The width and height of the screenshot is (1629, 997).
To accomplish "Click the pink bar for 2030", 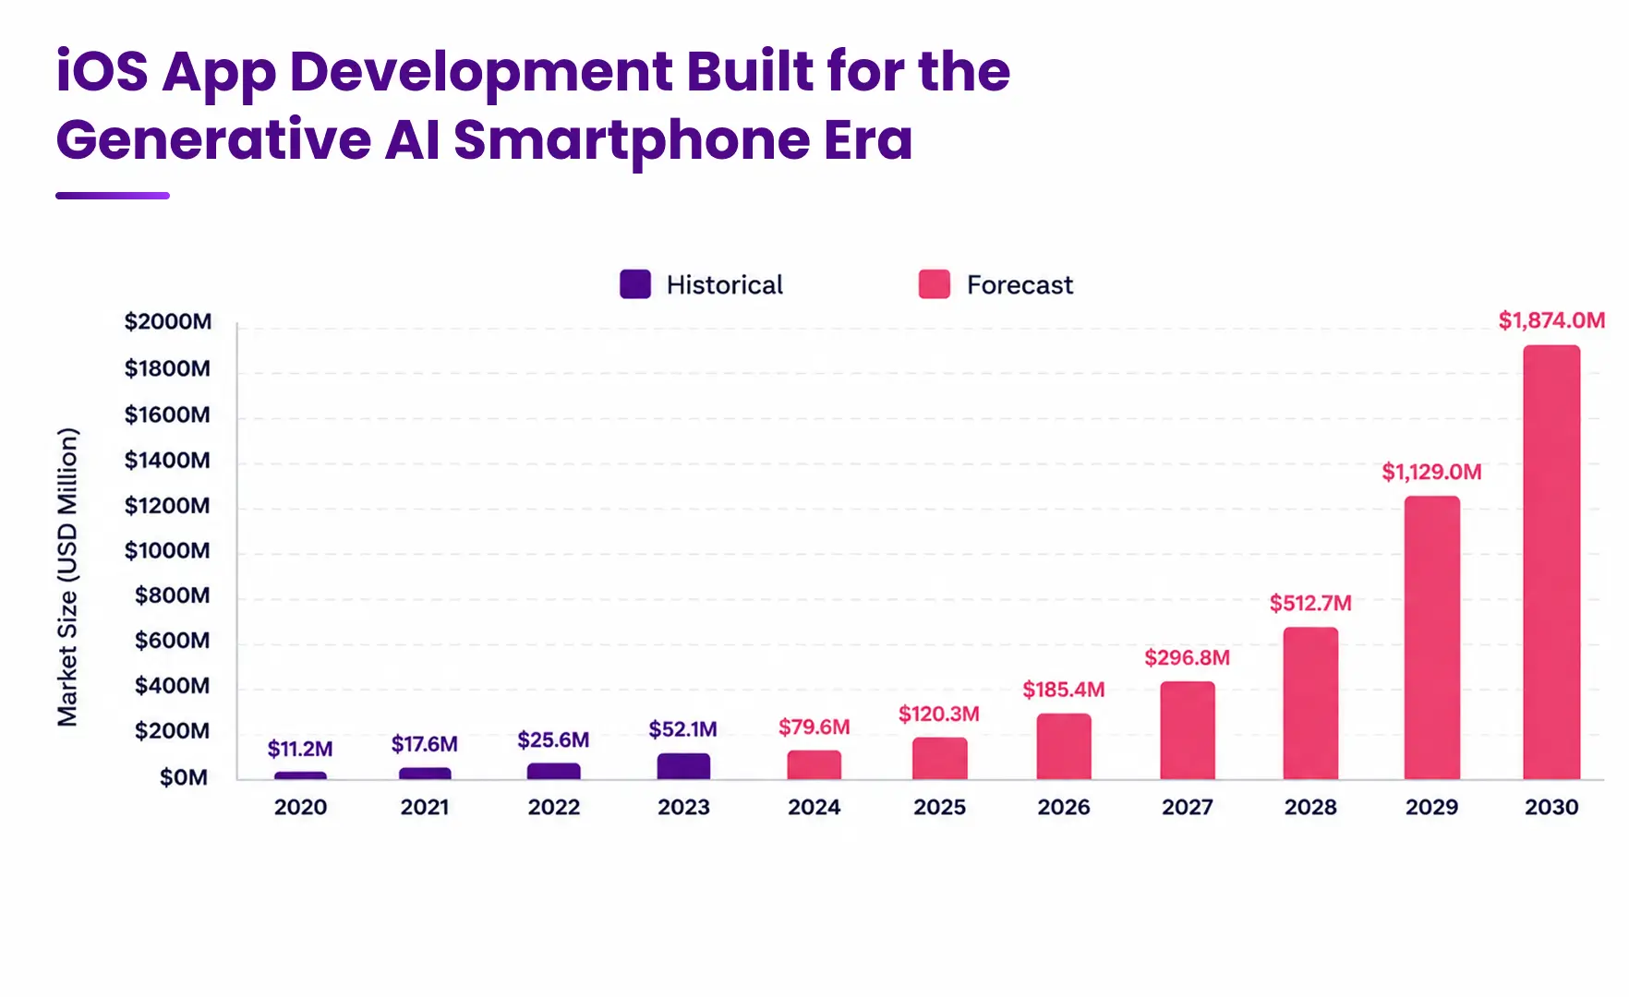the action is (x=1551, y=562).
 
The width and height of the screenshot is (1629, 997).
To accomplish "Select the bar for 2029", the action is (x=1432, y=638).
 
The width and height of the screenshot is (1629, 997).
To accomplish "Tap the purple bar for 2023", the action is (x=683, y=766).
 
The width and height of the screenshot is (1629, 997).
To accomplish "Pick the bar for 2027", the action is (x=1188, y=730).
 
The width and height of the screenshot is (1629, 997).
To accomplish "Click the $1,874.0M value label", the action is (x=1551, y=320).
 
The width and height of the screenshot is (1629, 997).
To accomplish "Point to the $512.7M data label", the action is (x=1310, y=604).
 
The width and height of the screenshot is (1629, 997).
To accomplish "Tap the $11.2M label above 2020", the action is (x=300, y=749).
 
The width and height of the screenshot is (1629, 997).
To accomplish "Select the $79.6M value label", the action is (x=814, y=727).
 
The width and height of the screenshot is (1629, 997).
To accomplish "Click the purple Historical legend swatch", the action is (x=635, y=284).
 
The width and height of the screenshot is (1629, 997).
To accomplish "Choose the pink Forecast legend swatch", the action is (x=935, y=284).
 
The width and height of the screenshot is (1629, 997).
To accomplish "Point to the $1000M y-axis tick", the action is (x=167, y=551).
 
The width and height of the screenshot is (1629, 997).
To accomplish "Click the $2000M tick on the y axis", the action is (x=168, y=321).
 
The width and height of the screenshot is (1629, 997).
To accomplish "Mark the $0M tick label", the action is (x=184, y=777).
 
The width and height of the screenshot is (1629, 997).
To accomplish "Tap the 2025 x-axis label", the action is (x=939, y=808).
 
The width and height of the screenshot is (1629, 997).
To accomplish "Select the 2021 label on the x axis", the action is (x=425, y=808).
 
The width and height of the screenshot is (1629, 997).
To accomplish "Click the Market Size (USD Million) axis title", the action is (x=68, y=577).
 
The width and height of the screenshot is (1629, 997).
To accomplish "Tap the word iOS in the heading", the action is (x=102, y=71).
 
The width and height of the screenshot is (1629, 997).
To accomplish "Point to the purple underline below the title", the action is (x=113, y=196).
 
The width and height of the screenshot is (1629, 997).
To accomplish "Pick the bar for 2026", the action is (x=1064, y=747).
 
